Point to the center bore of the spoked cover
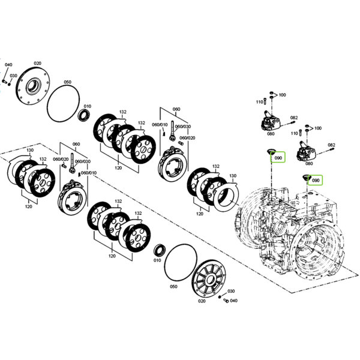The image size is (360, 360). [x=210, y=280]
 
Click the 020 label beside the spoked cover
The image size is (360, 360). [x=202, y=301]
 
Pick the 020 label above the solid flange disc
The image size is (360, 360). [x=37, y=64]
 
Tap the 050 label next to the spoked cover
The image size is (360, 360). [x=173, y=287]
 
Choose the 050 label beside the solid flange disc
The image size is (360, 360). [x=67, y=82]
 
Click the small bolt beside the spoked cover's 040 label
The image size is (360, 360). [x=226, y=301]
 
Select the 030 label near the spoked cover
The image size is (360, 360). [x=231, y=291]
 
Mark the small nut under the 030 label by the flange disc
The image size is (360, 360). [x=9, y=84]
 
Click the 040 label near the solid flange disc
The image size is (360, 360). [x=8, y=65]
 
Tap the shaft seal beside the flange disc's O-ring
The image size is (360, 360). [x=85, y=115]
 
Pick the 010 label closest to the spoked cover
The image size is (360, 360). [x=157, y=260]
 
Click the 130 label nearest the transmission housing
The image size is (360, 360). [x=233, y=176]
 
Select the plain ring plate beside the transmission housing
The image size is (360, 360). [x=226, y=196]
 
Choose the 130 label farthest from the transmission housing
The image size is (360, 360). [x=30, y=150]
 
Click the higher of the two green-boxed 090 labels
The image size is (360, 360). [x=278, y=158]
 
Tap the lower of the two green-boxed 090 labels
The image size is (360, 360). [x=316, y=181]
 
